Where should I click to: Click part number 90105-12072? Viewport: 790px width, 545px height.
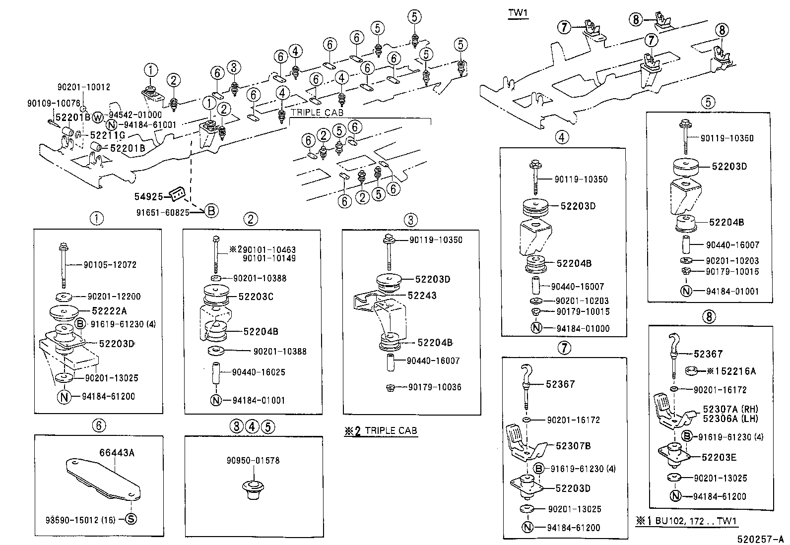click(x=109, y=265)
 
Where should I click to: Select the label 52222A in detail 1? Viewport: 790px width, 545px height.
click(x=109, y=311)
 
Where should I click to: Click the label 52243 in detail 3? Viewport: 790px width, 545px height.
click(x=422, y=296)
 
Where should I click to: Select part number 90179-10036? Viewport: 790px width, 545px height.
click(x=435, y=387)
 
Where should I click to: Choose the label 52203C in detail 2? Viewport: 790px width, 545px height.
click(x=256, y=297)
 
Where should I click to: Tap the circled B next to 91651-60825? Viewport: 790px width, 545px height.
click(x=211, y=211)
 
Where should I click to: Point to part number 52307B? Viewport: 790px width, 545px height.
click(x=573, y=446)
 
